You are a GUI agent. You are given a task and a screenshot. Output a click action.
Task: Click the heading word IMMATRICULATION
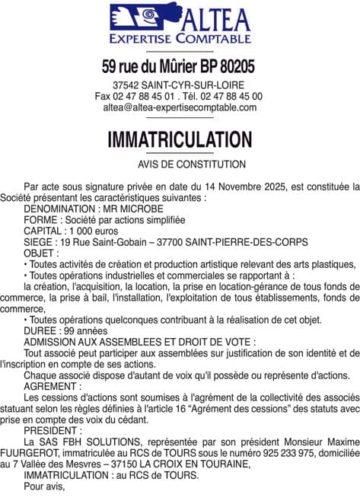pos(180,139)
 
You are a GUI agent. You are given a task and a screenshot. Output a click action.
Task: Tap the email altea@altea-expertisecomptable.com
pos(180,107)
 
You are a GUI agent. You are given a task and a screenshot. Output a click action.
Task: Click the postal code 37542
pos(125,85)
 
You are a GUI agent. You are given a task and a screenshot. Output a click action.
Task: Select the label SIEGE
pos(38,241)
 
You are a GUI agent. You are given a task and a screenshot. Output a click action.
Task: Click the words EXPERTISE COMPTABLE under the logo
pos(180,38)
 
